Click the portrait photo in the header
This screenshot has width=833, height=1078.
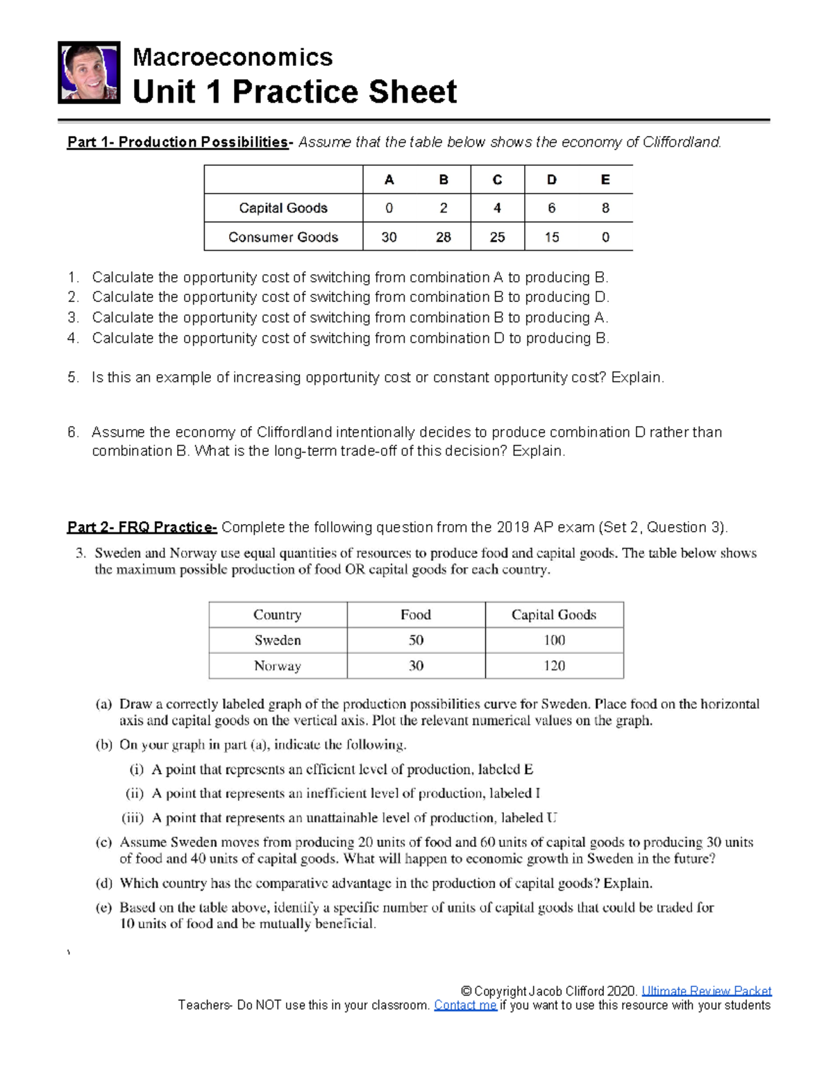pyautogui.click(x=89, y=73)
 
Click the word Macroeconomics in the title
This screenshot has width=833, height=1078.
pyautogui.click(x=233, y=57)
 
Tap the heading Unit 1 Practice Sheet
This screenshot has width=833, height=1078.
pyautogui.click(x=294, y=92)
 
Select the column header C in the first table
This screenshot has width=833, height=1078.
pyautogui.click(x=497, y=180)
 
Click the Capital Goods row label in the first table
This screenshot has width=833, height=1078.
pyautogui.click(x=283, y=208)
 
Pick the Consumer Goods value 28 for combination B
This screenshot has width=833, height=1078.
pyautogui.click(x=443, y=237)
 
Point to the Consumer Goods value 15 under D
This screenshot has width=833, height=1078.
pyautogui.click(x=551, y=237)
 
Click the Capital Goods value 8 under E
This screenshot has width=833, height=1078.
pyautogui.click(x=605, y=208)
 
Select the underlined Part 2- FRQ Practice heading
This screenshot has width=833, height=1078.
pyautogui.click(x=142, y=528)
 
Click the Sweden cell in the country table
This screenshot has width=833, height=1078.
pyautogui.click(x=278, y=640)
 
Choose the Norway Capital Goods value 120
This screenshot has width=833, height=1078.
pyautogui.click(x=554, y=666)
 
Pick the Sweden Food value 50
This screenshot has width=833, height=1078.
pyautogui.click(x=416, y=640)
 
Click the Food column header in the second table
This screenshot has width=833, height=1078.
pyautogui.click(x=416, y=615)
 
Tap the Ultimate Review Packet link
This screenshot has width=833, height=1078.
pyautogui.click(x=706, y=991)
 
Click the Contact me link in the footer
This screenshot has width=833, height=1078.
pyautogui.click(x=465, y=1005)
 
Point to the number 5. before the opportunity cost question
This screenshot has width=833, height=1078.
pyautogui.click(x=74, y=378)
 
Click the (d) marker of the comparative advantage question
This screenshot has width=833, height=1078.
pyautogui.click(x=103, y=884)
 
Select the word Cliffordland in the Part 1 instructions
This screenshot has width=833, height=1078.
pyautogui.click(x=681, y=142)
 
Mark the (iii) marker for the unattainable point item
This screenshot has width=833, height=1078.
pyautogui.click(x=133, y=818)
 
